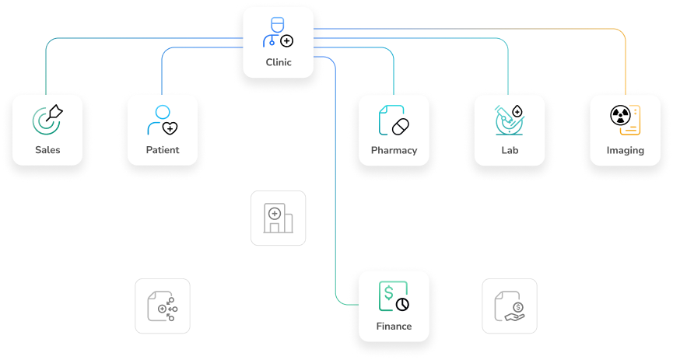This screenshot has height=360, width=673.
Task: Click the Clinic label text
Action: [x=278, y=62]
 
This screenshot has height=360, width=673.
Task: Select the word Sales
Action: [x=47, y=150]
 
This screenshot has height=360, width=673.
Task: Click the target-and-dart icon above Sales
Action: [x=47, y=119]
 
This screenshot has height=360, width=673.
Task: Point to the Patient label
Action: [x=163, y=150]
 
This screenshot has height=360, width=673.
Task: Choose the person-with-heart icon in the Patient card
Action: [x=163, y=120]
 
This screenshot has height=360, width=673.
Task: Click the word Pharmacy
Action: [x=394, y=150]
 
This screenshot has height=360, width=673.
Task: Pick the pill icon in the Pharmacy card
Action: [x=400, y=126]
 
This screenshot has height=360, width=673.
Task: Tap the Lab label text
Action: [x=510, y=150]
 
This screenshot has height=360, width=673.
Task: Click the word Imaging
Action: [x=625, y=150]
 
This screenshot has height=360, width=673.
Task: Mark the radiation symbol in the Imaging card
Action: [x=620, y=115]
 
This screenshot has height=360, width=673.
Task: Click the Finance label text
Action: [x=394, y=326]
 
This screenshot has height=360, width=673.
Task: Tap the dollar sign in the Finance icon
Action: [x=388, y=292]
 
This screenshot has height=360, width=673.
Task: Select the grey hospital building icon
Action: [x=278, y=218]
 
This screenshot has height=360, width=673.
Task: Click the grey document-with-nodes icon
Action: [x=162, y=306]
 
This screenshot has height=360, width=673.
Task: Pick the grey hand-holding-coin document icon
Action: [x=510, y=306]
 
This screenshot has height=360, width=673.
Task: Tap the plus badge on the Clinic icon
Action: [x=287, y=40]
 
